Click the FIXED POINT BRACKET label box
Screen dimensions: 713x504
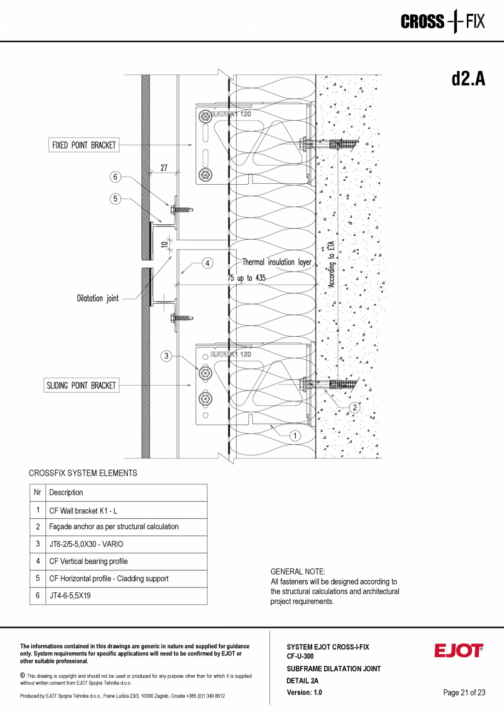pos(84,145)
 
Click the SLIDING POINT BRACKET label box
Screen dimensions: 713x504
pos(81,386)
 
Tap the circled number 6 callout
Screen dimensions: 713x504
pos(115,177)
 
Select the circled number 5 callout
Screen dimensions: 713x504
pos(115,199)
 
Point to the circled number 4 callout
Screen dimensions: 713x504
pos(208,263)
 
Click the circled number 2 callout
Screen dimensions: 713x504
pos(354,408)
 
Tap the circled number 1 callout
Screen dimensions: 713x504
pos(295,435)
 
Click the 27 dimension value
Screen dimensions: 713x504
pos(164,168)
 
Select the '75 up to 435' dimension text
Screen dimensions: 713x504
pos(247,278)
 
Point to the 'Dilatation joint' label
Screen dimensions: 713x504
pos(98,298)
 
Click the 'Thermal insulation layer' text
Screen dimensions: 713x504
pos(277,262)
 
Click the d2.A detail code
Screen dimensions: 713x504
pos(468,79)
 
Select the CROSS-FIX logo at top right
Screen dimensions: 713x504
pos(443,22)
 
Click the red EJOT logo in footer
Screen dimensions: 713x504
pos(459,650)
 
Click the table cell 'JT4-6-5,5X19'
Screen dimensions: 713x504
pos(70,596)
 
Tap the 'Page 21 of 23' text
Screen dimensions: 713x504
pos(464,693)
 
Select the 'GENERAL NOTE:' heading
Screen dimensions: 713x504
pos(298,571)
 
